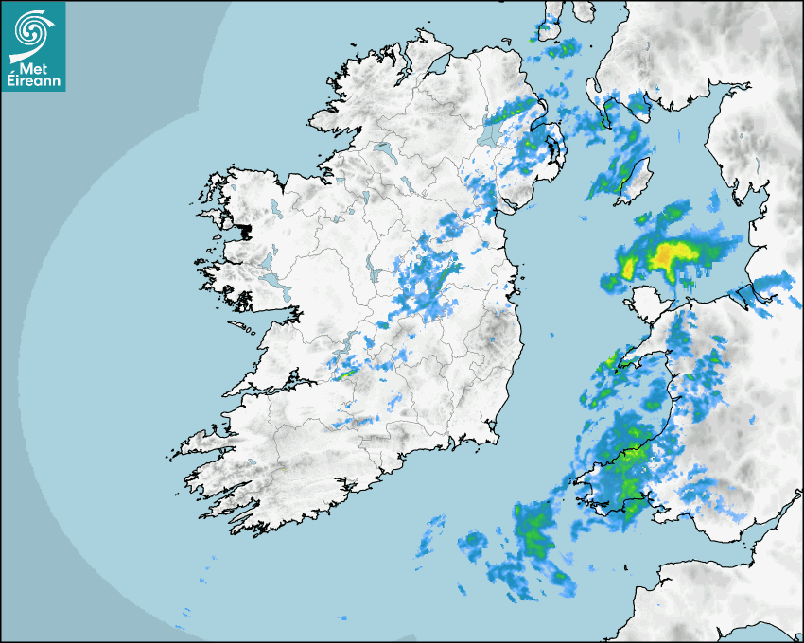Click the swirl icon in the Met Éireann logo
coord(31,27)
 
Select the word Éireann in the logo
coord(32,80)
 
